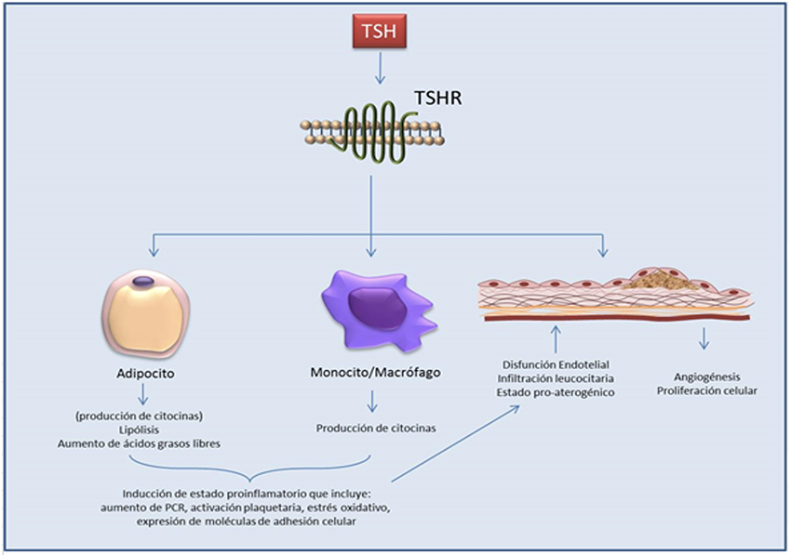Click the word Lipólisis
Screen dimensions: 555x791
(146, 431)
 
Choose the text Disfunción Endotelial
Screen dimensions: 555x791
(556, 364)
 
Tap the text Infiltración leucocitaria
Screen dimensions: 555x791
(556, 379)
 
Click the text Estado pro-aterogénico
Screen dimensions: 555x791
(556, 394)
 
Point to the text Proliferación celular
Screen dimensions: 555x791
(705, 390)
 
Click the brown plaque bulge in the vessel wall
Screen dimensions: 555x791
(662, 278)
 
